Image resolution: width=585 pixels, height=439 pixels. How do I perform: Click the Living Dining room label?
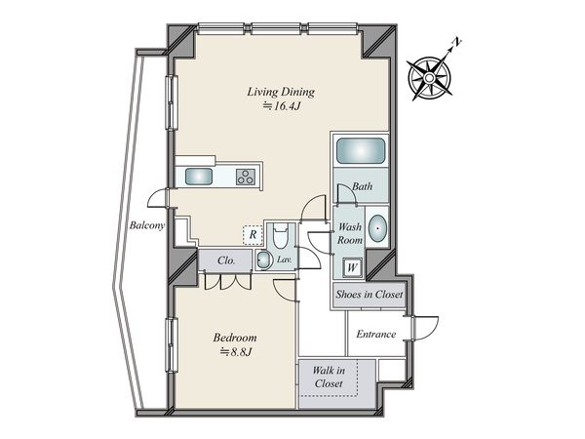click(281, 92)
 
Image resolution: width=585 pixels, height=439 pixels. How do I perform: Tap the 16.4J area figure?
click(282, 106)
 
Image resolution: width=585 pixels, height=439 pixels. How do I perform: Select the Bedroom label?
click(235, 338)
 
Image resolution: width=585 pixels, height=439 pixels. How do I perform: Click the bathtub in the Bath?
click(361, 150)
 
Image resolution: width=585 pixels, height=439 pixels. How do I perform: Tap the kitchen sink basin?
click(199, 177)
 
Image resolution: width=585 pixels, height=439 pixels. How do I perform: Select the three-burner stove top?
click(246, 177)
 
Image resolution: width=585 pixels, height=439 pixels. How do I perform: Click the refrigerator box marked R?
click(253, 235)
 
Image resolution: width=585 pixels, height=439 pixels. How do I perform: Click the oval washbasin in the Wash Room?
click(377, 227)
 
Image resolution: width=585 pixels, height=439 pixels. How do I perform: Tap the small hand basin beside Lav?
click(264, 259)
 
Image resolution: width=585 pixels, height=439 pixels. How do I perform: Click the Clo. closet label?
click(226, 260)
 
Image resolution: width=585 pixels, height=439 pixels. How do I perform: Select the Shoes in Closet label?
click(369, 295)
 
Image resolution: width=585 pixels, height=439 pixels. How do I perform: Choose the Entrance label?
click(376, 334)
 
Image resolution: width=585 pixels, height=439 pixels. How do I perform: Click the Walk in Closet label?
click(329, 377)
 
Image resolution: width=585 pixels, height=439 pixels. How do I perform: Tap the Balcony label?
click(147, 225)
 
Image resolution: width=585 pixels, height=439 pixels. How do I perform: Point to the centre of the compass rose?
click(429, 78)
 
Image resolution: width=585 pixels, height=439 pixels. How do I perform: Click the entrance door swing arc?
click(429, 329)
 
